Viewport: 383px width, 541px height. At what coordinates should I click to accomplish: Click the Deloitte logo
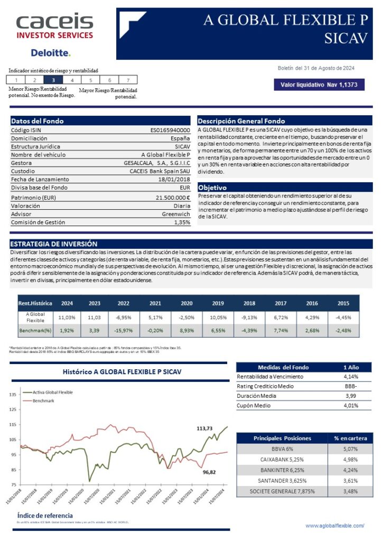pyautogui.click(x=50, y=53)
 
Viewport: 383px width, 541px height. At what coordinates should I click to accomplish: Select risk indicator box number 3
pyautogui.click(x=53, y=80)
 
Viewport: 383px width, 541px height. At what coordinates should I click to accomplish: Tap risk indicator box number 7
pyautogui.click(x=128, y=80)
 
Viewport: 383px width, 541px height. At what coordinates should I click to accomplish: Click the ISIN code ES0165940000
pyautogui.click(x=170, y=129)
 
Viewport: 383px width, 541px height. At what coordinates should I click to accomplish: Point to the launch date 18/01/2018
pyautogui.click(x=174, y=179)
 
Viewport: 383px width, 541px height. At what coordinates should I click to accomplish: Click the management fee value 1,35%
pyautogui.click(x=182, y=222)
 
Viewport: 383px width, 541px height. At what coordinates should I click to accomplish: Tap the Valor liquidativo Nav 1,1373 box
pyautogui.click(x=319, y=85)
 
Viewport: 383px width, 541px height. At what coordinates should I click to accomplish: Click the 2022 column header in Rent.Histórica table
pyautogui.click(x=124, y=303)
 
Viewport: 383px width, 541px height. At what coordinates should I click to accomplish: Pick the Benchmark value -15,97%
pyautogui.click(x=124, y=330)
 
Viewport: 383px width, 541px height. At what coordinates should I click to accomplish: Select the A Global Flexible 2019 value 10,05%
pyautogui.click(x=218, y=317)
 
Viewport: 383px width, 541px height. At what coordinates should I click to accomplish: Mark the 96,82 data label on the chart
pyautogui.click(x=210, y=472)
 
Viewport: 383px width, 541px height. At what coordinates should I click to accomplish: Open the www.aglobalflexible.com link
pyautogui.click(x=335, y=526)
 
